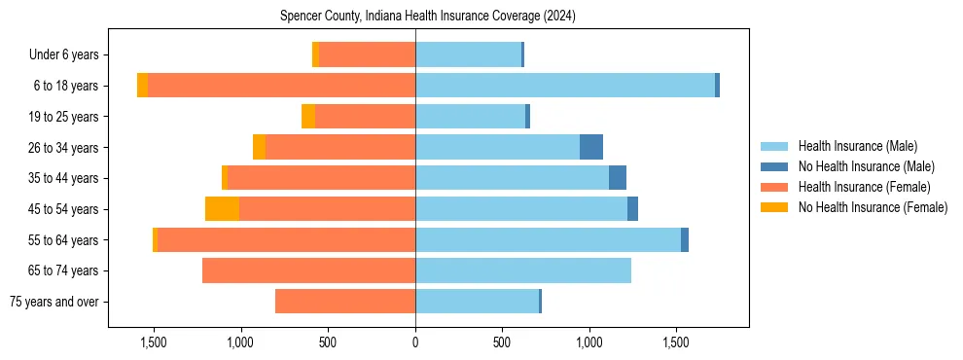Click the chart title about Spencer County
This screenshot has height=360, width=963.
[x=428, y=17]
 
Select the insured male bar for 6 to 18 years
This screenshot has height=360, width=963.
[x=564, y=86]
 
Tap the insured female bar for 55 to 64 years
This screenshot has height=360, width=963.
[x=287, y=240]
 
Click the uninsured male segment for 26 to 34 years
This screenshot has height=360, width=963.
[x=591, y=147]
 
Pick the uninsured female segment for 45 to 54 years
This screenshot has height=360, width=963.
[x=222, y=209]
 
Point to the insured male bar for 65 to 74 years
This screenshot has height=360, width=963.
[x=523, y=270]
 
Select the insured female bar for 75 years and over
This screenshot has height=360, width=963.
[x=345, y=302]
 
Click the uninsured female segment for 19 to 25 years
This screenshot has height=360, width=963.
[x=308, y=117]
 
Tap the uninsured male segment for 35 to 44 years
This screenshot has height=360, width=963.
[x=618, y=178]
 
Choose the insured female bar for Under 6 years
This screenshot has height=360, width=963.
[x=368, y=54]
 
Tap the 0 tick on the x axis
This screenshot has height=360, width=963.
[x=415, y=342]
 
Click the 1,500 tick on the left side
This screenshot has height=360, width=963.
[x=154, y=342]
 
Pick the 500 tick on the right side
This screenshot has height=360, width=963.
[x=502, y=342]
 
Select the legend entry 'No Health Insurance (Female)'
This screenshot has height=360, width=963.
[x=873, y=207]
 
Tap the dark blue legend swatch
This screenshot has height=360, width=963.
[x=775, y=166]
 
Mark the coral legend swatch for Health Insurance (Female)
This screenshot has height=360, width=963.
[x=775, y=187]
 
